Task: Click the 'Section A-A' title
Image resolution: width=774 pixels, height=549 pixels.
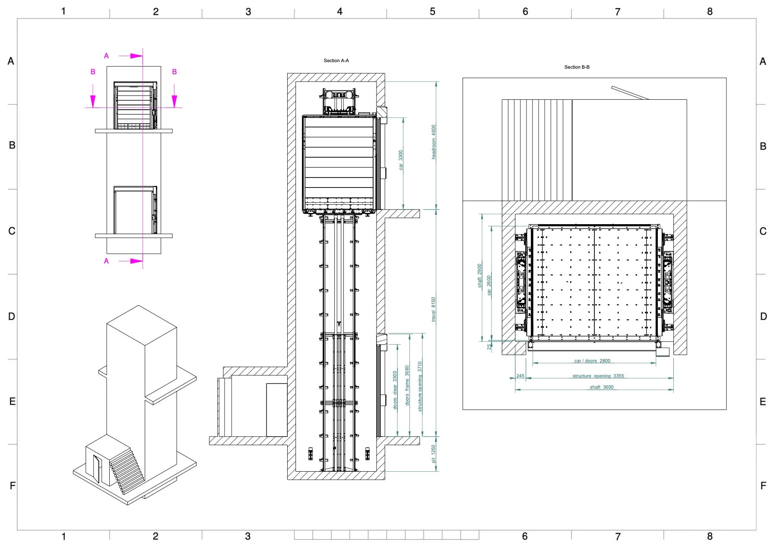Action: (x=336, y=61)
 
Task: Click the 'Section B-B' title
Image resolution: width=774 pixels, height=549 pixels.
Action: (x=577, y=67)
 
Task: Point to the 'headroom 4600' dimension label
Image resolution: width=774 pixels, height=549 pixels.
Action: (x=434, y=142)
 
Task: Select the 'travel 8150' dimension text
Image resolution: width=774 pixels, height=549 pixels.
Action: (x=433, y=309)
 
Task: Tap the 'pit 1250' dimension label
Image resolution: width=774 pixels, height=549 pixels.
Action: (x=434, y=454)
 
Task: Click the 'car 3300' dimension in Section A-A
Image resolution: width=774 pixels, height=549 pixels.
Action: (x=401, y=160)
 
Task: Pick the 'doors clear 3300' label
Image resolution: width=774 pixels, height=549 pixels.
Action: (x=395, y=390)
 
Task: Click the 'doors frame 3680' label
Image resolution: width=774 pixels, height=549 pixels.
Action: (x=407, y=386)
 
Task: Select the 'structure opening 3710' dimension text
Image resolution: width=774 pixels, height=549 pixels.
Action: (x=420, y=387)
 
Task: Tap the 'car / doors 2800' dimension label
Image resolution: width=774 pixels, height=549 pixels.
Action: (x=592, y=361)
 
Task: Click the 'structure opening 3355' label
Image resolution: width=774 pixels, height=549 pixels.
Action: (x=598, y=376)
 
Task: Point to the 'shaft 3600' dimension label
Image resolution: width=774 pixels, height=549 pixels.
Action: (x=602, y=387)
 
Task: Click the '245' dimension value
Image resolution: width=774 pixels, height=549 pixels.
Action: (x=520, y=376)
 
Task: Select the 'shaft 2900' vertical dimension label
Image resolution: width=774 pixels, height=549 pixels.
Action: (x=479, y=276)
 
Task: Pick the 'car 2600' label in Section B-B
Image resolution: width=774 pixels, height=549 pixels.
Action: (x=489, y=286)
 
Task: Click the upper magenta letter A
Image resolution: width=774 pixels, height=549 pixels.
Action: (x=106, y=56)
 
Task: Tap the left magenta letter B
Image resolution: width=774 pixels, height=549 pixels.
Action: (x=93, y=72)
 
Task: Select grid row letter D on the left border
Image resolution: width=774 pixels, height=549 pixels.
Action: (x=12, y=317)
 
